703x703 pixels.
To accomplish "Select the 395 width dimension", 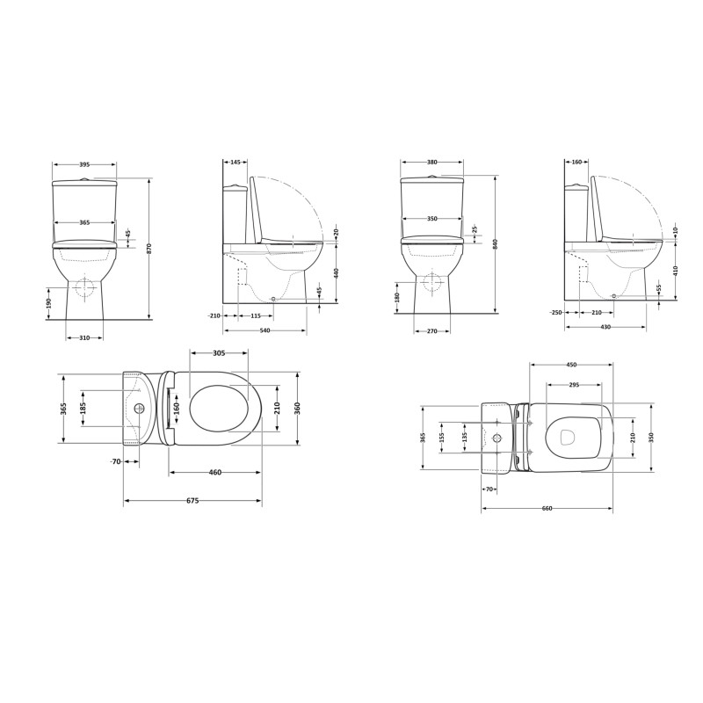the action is pos(84,164).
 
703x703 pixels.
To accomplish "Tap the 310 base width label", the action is pos(84,338).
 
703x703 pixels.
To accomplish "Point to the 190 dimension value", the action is pos(49,303).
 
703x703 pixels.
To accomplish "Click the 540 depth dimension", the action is pos(265,331).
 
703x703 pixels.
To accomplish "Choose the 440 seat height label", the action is pos(336,273).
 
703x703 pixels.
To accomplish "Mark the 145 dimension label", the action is pos(236,162).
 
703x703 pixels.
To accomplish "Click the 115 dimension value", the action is pos(255,316).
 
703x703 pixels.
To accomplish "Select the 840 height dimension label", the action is pos(496,244).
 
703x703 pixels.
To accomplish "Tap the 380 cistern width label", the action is pos(431,163).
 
